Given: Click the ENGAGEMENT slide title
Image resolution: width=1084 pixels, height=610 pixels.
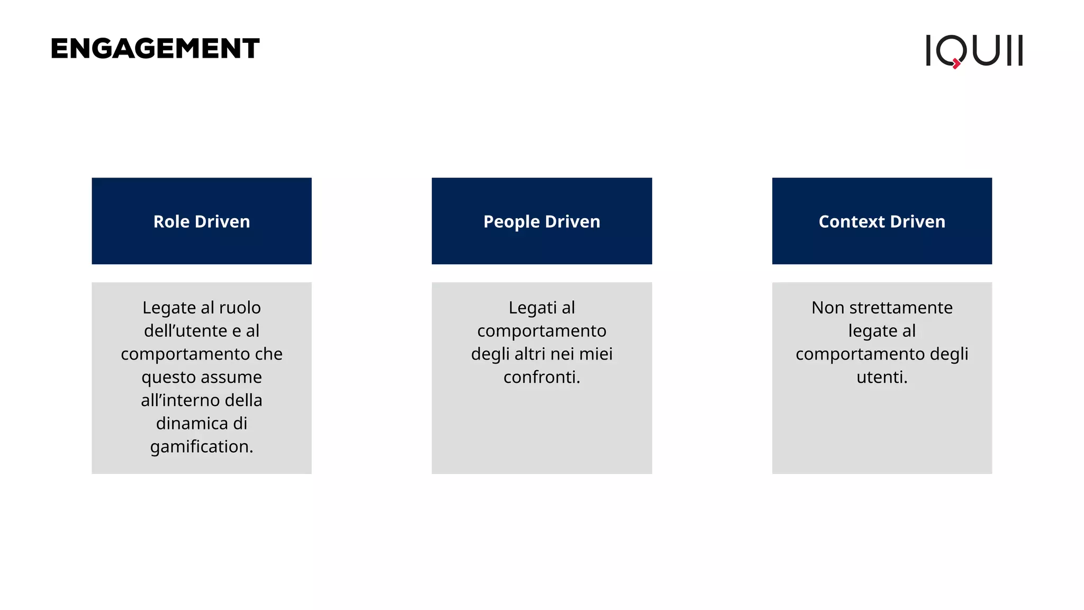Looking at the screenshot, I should (x=155, y=49).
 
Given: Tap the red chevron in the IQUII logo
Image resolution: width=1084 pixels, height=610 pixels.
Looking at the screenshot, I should (x=956, y=64).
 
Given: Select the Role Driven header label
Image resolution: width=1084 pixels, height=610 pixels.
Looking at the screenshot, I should (x=202, y=221).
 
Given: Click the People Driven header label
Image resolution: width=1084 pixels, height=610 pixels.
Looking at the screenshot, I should (x=541, y=221).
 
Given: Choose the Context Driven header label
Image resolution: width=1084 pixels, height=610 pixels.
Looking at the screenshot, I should (x=882, y=221).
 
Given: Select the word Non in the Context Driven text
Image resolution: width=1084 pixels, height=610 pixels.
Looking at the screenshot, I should (x=827, y=308).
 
